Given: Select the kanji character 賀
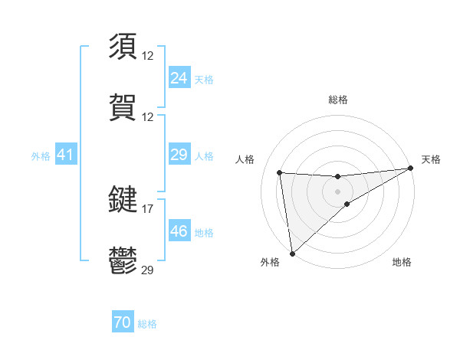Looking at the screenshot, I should [x=123, y=107].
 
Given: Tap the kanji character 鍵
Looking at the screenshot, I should [x=123, y=199].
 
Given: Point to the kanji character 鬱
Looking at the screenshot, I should [x=123, y=260].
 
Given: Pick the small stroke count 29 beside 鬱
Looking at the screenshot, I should [x=148, y=270].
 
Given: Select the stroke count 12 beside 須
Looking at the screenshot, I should [x=148, y=55].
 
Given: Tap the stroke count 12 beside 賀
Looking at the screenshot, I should [x=148, y=116].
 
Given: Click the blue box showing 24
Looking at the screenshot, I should [x=179, y=78].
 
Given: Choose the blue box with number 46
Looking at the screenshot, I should [x=179, y=231].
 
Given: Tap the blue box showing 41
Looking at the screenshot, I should [x=65, y=155].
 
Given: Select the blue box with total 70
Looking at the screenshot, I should [x=122, y=323].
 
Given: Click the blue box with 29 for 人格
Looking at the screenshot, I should [x=179, y=155].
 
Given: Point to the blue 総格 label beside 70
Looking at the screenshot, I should [x=147, y=324].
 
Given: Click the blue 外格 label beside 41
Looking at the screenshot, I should [x=41, y=156].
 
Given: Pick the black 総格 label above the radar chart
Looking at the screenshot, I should [x=337, y=100].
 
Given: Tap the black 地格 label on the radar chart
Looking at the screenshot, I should [x=402, y=263].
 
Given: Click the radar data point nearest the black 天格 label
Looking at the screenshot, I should [x=410, y=169].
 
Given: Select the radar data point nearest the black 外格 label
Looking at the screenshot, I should [x=292, y=253].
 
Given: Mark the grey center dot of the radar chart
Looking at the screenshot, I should [x=337, y=191].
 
